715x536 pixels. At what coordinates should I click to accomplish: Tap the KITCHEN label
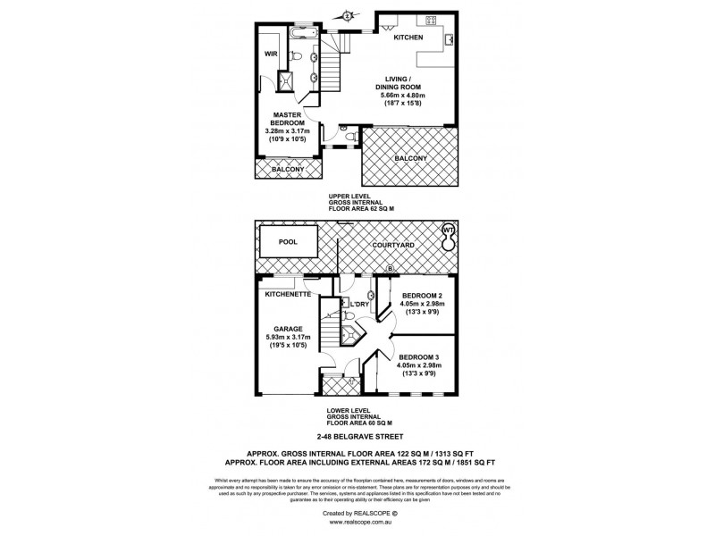coord(409,37)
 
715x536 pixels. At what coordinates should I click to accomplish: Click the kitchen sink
coord(450,38)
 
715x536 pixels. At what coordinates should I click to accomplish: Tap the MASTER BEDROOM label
coord(286,118)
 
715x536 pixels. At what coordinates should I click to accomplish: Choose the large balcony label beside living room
coord(409,159)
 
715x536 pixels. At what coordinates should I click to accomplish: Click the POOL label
coord(288,241)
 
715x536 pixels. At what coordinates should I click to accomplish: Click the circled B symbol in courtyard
coord(389,269)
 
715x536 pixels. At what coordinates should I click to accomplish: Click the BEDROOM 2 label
coord(424,296)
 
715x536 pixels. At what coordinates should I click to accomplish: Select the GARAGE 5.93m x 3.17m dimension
coord(286,337)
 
